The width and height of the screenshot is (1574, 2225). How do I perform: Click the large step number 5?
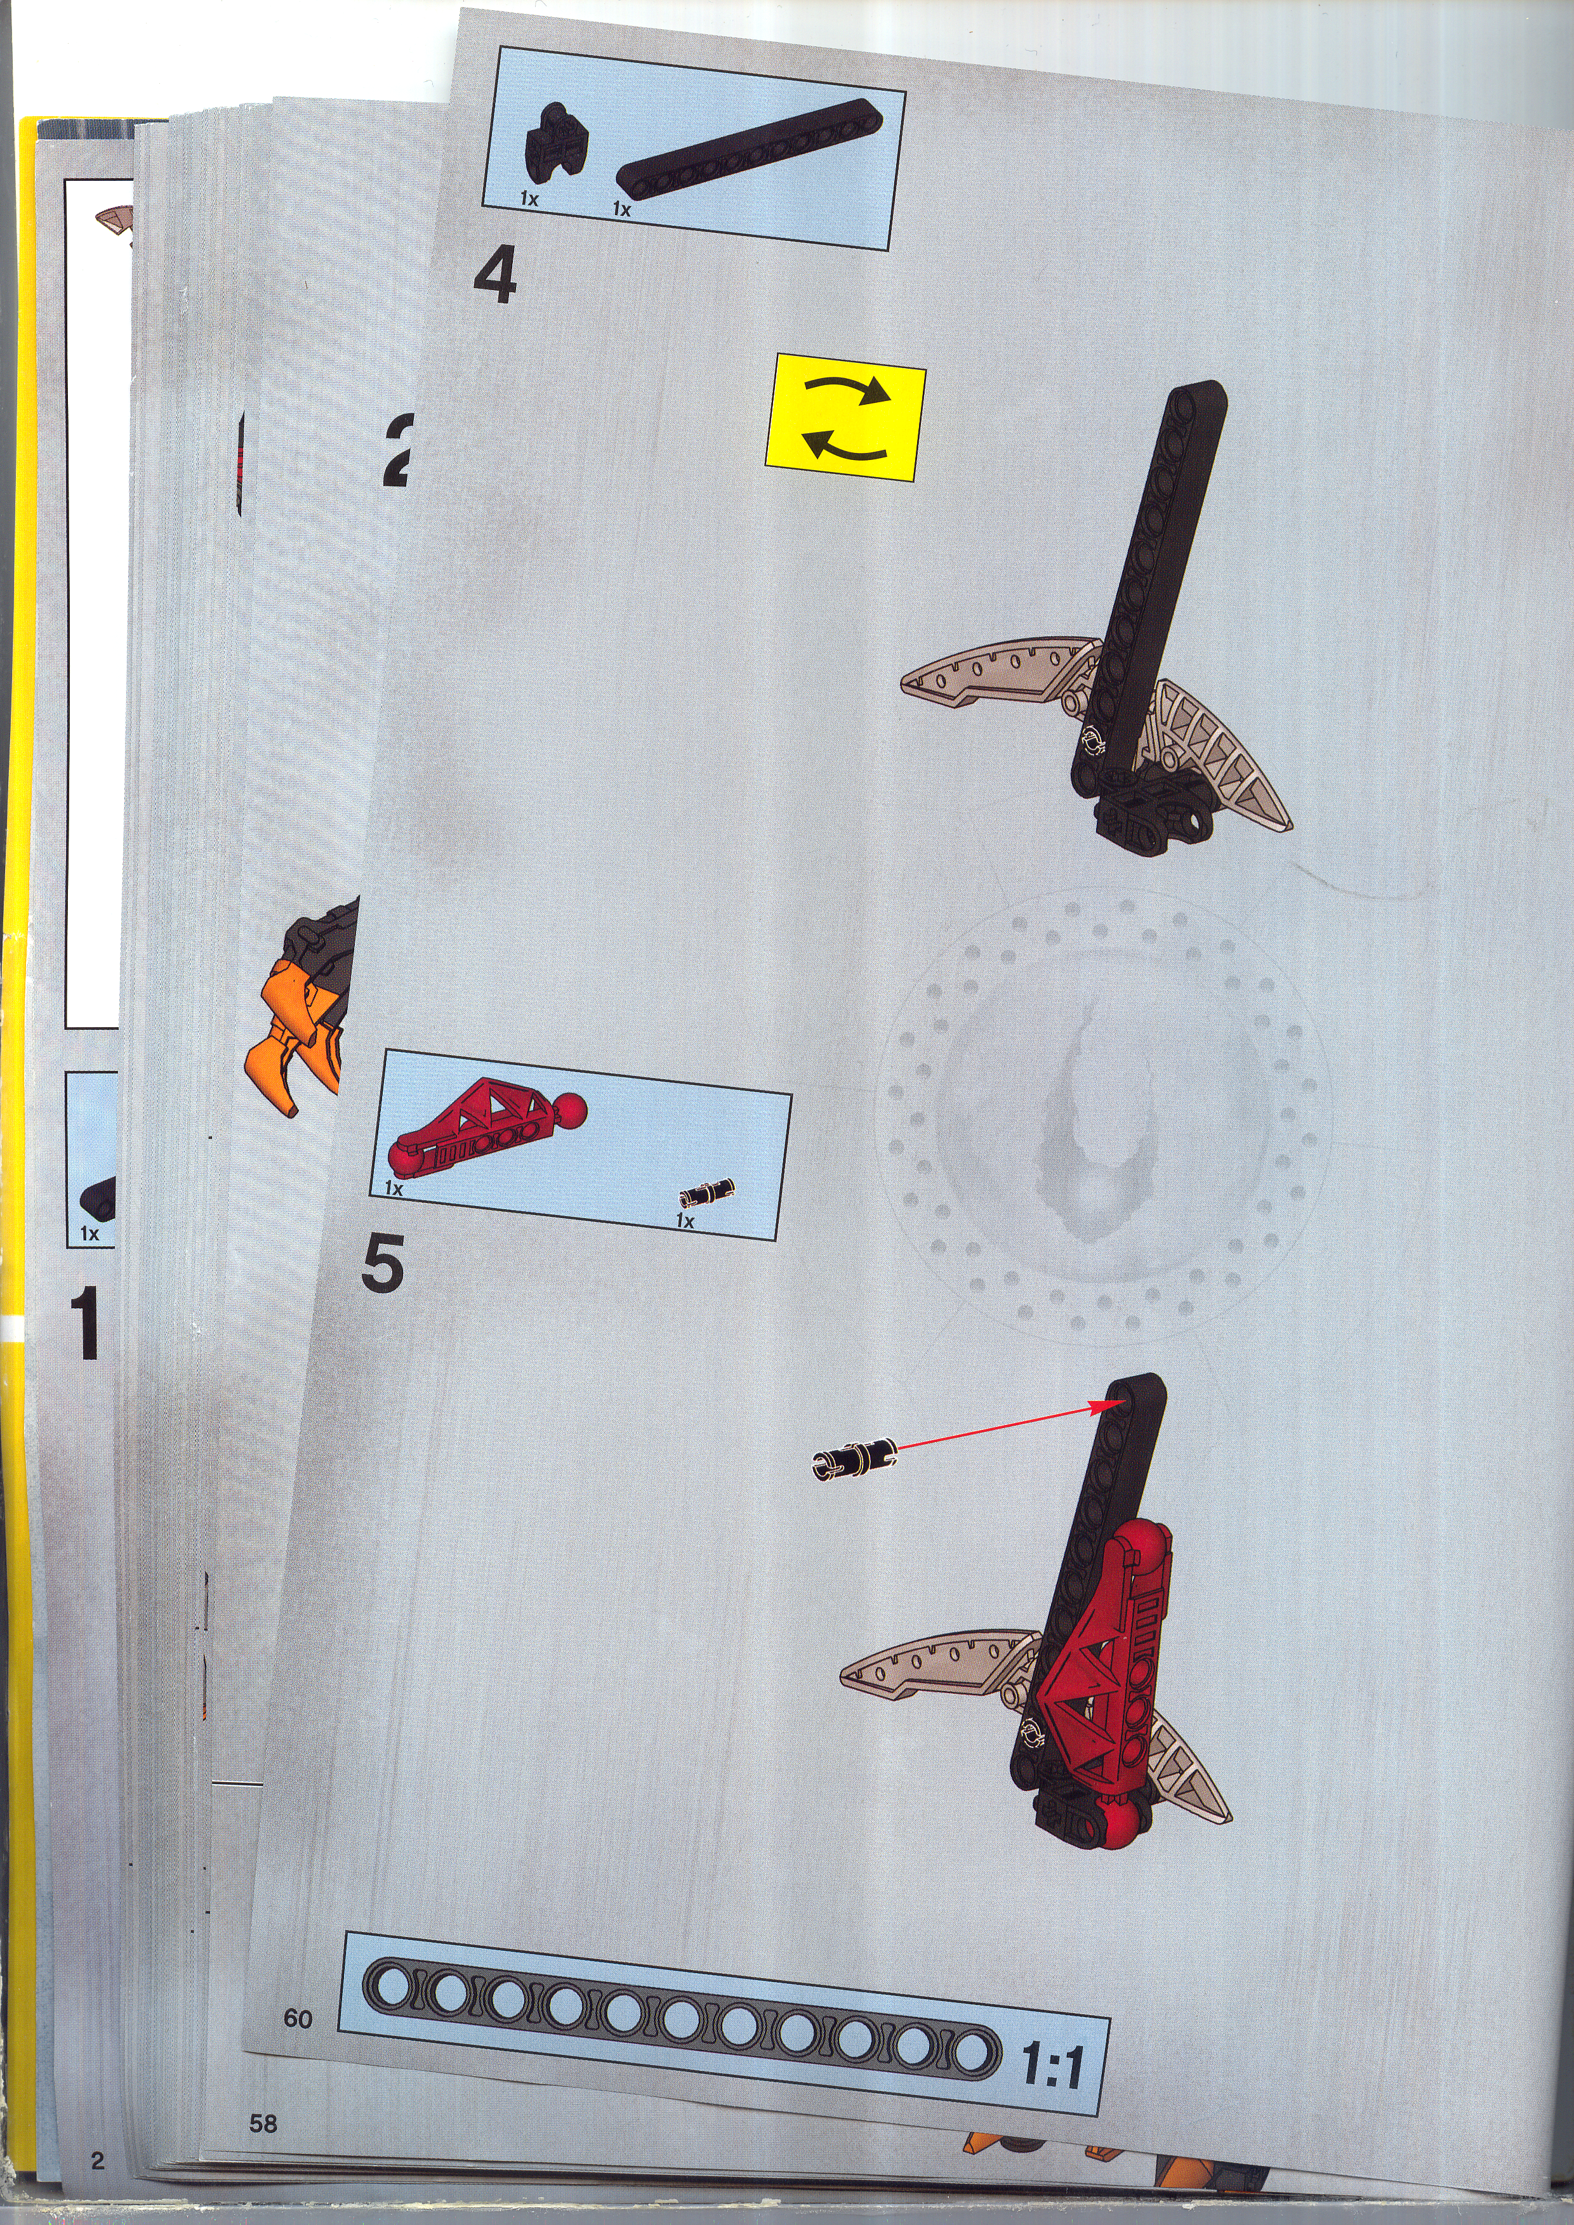382,1266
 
